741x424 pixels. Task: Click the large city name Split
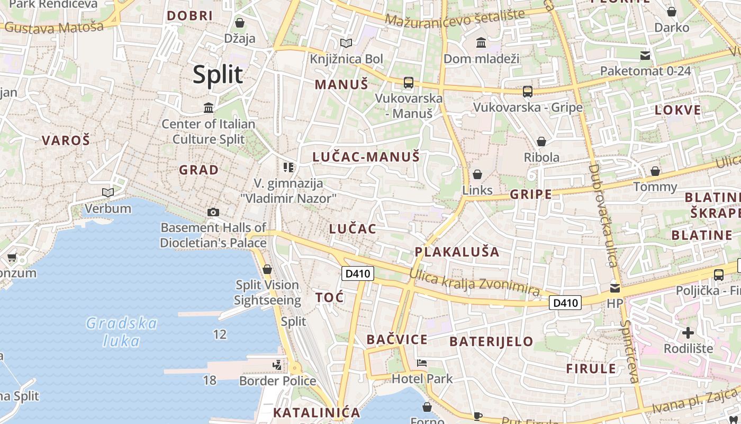218,75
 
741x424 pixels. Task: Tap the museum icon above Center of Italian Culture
209,108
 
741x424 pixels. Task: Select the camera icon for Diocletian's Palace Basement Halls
213,212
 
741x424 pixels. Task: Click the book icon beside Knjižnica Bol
346,43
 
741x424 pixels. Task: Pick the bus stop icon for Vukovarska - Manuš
409,83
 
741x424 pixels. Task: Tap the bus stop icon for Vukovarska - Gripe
528,92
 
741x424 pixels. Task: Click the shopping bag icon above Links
477,174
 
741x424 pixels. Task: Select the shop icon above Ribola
541,142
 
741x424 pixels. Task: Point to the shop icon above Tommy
655,171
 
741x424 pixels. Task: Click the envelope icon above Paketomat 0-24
645,55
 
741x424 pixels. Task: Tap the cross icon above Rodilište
688,333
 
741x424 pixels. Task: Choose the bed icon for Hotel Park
422,363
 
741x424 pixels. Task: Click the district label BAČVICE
396,340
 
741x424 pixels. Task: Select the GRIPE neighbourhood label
531,195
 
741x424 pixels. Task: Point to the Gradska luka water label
122,332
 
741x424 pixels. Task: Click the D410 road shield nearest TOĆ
358,273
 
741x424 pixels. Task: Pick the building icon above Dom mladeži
481,42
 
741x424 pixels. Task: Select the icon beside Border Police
277,365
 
